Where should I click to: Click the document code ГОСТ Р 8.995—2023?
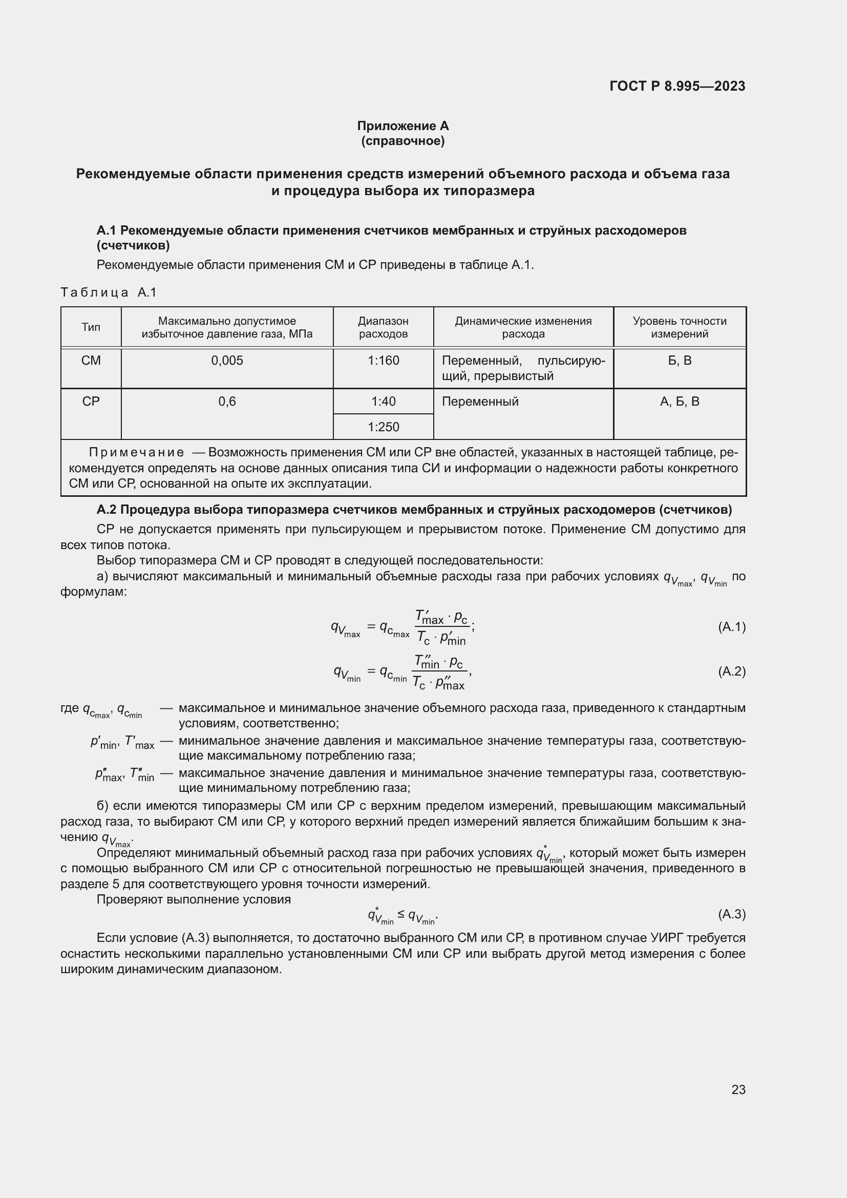pyautogui.click(x=677, y=86)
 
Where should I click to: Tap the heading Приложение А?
pyautogui.click(x=403, y=126)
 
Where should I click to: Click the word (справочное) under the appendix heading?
pyautogui.click(x=403, y=141)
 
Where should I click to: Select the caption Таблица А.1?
pyautogui.click(x=109, y=292)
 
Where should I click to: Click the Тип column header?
pyautogui.click(x=91, y=327)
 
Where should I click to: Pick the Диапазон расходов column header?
pyautogui.click(x=383, y=327)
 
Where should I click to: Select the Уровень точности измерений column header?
pyautogui.click(x=679, y=327)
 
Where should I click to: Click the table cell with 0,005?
pyautogui.click(x=227, y=361)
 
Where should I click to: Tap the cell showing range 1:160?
pyautogui.click(x=383, y=361)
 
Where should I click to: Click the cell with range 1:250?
pyautogui.click(x=383, y=427)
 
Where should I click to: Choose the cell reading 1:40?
pyautogui.click(x=383, y=401)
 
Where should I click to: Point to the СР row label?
pyautogui.click(x=91, y=401)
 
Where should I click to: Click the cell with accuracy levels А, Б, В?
pyautogui.click(x=679, y=401)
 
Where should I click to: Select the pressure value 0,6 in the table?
pyautogui.click(x=227, y=401)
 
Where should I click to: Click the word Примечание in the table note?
pyautogui.click(x=136, y=452)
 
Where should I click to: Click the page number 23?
pyautogui.click(x=738, y=1089)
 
